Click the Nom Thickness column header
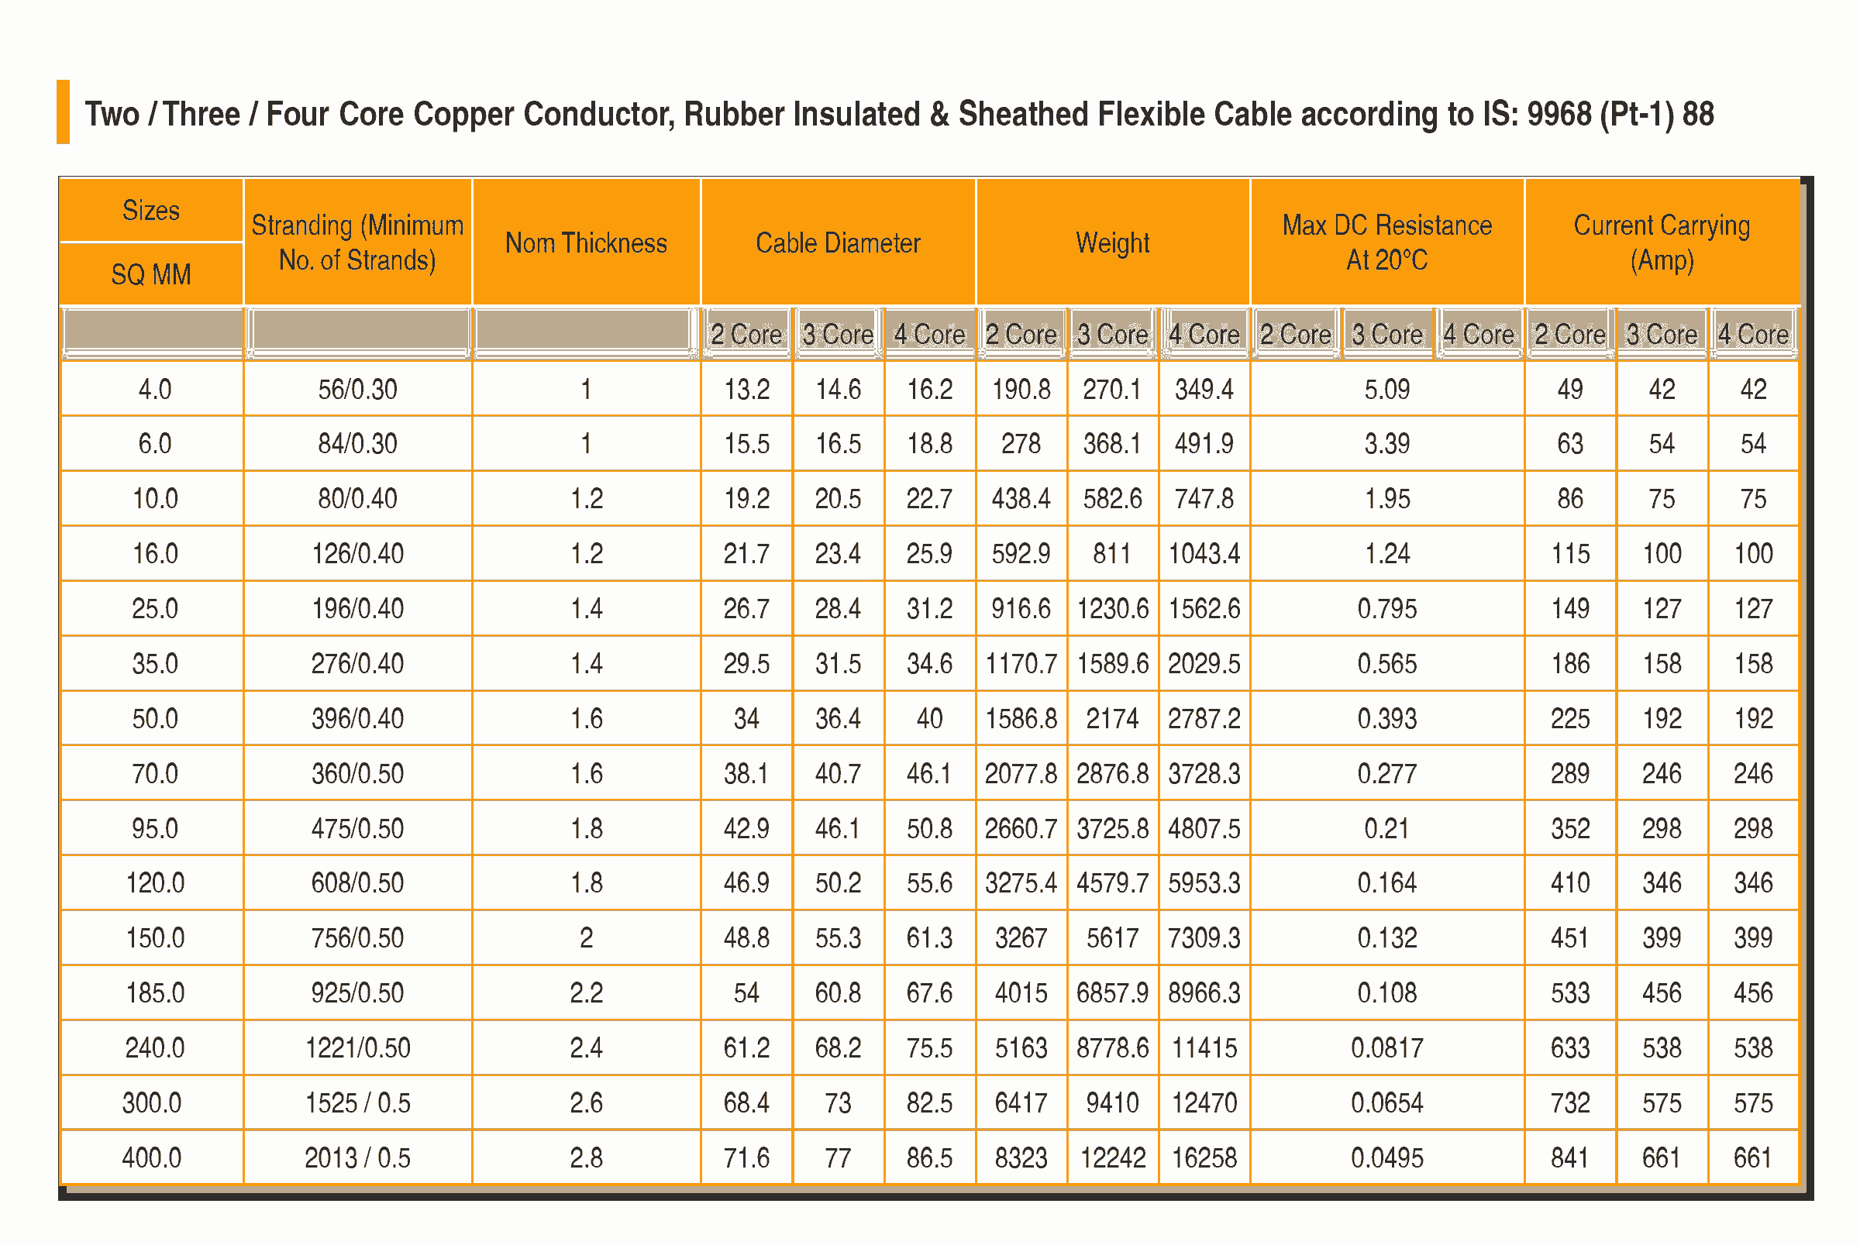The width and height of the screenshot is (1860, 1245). tap(586, 243)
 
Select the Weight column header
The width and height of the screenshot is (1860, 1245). tap(1112, 243)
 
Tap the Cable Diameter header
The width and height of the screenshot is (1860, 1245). tap(838, 243)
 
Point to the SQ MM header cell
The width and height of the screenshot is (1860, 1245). tap(151, 275)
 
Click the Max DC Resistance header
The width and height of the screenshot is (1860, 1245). tap(1386, 242)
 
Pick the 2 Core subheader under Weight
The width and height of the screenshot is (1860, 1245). tap(1021, 334)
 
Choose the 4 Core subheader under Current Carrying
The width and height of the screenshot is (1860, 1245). tap(1753, 334)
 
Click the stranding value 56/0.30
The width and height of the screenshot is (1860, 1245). tap(357, 389)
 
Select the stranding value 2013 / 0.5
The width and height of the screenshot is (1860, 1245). tap(357, 1157)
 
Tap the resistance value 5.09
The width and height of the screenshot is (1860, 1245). tap(1386, 389)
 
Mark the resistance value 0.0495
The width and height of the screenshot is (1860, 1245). tap(1386, 1157)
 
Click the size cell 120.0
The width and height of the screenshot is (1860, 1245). tap(155, 883)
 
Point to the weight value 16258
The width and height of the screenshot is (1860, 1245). tap(1204, 1157)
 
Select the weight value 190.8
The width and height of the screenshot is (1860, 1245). tap(1021, 389)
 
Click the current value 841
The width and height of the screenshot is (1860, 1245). tap(1569, 1157)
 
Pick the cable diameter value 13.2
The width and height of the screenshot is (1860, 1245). tap(746, 389)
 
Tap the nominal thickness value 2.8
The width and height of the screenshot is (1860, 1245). tap(586, 1157)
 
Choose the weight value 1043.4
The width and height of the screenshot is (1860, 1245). tap(1204, 553)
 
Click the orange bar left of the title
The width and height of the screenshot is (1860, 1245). tap(64, 112)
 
